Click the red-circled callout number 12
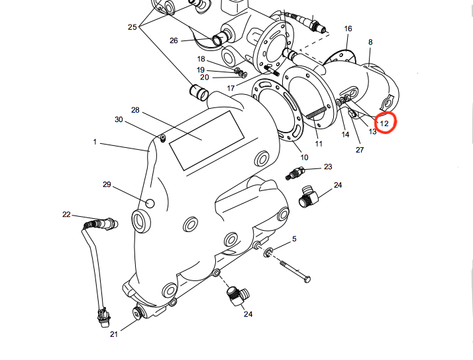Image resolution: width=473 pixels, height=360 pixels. (384, 123)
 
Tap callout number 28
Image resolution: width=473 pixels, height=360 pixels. (135, 110)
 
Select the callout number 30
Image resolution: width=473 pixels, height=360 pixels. (119, 119)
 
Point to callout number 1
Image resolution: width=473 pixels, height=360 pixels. (95, 142)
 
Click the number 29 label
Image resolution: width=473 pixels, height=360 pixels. (107, 184)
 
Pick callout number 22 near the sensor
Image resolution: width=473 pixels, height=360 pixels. (66, 214)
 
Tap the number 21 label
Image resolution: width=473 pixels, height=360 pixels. (114, 334)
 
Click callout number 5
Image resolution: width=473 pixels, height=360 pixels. (294, 239)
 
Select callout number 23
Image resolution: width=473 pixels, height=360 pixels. (328, 166)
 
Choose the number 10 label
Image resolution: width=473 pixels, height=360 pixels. (304, 157)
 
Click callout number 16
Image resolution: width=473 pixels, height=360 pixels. (348, 29)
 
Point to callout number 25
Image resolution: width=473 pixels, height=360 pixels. (132, 27)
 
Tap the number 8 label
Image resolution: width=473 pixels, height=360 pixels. (370, 42)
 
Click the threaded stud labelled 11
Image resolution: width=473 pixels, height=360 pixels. (316, 113)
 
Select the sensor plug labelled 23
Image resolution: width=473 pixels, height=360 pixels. (295, 173)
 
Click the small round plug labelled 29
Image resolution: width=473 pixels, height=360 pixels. (150, 204)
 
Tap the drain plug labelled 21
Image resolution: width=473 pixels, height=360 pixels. (138, 313)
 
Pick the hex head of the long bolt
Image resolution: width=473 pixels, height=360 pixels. (307, 279)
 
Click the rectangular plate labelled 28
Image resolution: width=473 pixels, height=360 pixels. (207, 141)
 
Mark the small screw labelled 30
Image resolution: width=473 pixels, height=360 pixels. (163, 139)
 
